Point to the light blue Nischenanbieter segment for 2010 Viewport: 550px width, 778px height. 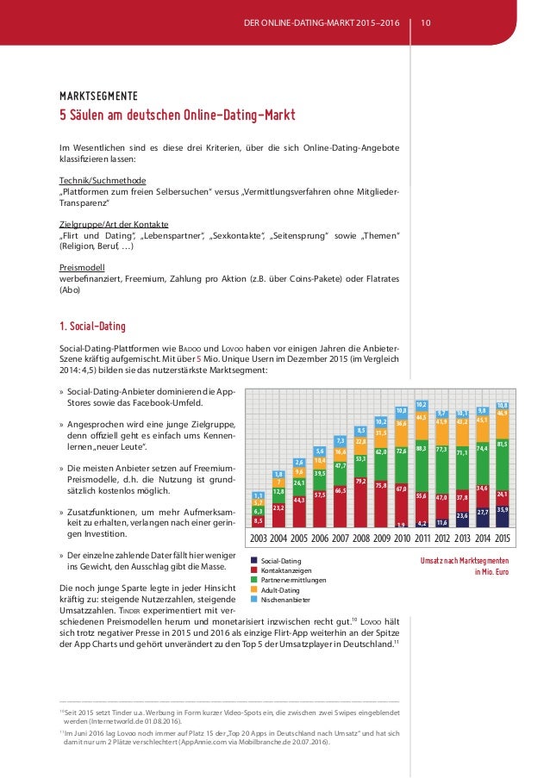point(402,411)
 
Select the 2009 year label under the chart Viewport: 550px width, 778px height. point(380,538)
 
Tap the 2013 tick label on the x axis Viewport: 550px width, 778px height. point(462,538)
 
